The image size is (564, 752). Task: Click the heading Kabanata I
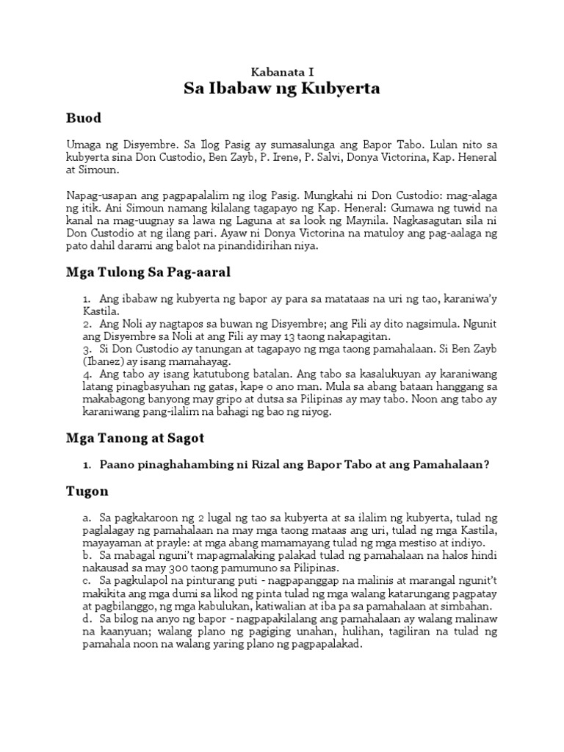point(282,72)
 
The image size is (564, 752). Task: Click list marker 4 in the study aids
point(86,374)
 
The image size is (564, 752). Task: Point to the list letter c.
point(87,581)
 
